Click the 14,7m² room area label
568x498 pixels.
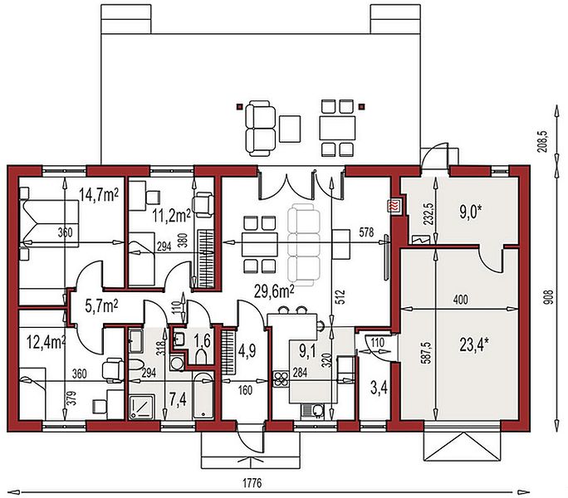coord(99,195)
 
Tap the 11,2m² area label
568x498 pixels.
coord(171,216)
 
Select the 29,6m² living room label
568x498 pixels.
coord(274,291)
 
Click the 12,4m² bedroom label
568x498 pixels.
coord(47,342)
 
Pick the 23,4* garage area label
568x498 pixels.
coord(474,345)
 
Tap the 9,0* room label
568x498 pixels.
coord(471,212)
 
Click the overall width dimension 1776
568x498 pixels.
coord(252,483)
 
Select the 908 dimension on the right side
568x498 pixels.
coord(550,297)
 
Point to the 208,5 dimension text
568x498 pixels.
coord(544,142)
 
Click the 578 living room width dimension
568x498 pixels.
coord(366,232)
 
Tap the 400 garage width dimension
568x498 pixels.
coord(460,300)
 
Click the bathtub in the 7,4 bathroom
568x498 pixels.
coord(203,395)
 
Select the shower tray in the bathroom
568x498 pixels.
coord(142,408)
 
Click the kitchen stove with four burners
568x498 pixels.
coord(280,379)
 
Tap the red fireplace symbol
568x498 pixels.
coord(394,207)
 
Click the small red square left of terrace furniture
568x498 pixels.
coord(239,106)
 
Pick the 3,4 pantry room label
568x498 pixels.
coord(379,388)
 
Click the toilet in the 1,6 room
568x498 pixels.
coord(201,357)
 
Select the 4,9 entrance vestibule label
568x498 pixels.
coord(247,350)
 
